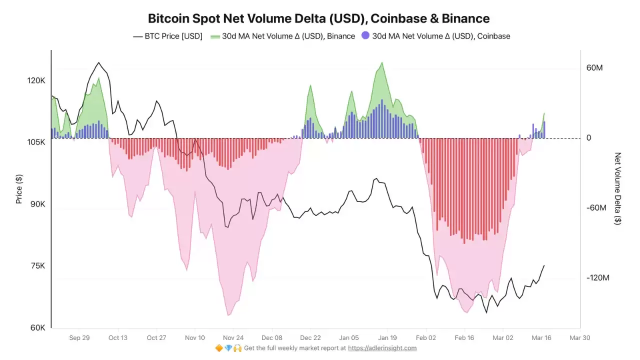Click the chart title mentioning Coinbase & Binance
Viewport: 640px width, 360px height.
click(318, 18)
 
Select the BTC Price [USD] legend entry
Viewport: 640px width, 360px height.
click(167, 36)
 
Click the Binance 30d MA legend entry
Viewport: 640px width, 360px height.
click(282, 36)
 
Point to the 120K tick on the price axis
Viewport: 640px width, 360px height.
click(37, 80)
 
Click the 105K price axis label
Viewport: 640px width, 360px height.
click(37, 142)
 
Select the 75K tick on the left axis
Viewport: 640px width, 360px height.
click(38, 266)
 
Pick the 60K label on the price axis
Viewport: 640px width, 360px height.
click(38, 328)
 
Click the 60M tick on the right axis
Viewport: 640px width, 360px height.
click(594, 67)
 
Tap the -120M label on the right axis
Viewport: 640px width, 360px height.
click(597, 278)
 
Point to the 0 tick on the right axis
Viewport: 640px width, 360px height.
click(589, 138)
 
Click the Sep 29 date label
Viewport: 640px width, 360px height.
click(79, 338)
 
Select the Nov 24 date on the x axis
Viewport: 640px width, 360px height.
click(233, 338)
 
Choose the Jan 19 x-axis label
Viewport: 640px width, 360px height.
click(387, 338)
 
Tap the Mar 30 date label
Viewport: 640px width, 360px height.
click(579, 338)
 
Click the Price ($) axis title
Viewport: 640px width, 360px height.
click(19, 189)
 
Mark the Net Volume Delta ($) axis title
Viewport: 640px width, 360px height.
click(618, 188)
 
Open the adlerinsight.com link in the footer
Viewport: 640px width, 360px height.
click(382, 348)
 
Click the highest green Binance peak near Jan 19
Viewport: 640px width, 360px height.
click(382, 62)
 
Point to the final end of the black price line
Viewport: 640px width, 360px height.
click(544, 265)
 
